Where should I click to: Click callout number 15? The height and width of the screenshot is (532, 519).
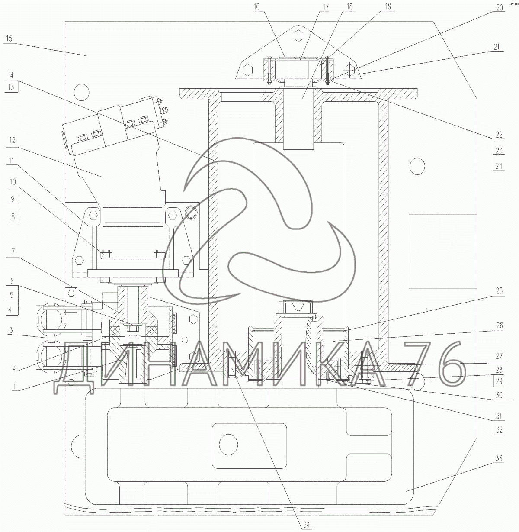(x=9, y=38)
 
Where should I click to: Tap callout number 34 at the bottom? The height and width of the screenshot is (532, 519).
(x=306, y=525)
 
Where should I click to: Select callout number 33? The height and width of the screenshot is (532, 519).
(x=499, y=458)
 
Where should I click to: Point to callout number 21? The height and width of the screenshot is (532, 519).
(x=497, y=47)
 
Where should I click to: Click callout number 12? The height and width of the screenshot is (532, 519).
(x=12, y=140)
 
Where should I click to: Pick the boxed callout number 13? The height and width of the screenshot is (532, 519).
(x=11, y=87)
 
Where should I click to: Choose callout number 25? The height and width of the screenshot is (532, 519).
(x=499, y=290)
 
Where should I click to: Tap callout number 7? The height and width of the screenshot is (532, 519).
(x=13, y=251)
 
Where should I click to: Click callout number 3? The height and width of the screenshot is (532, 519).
(x=11, y=330)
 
